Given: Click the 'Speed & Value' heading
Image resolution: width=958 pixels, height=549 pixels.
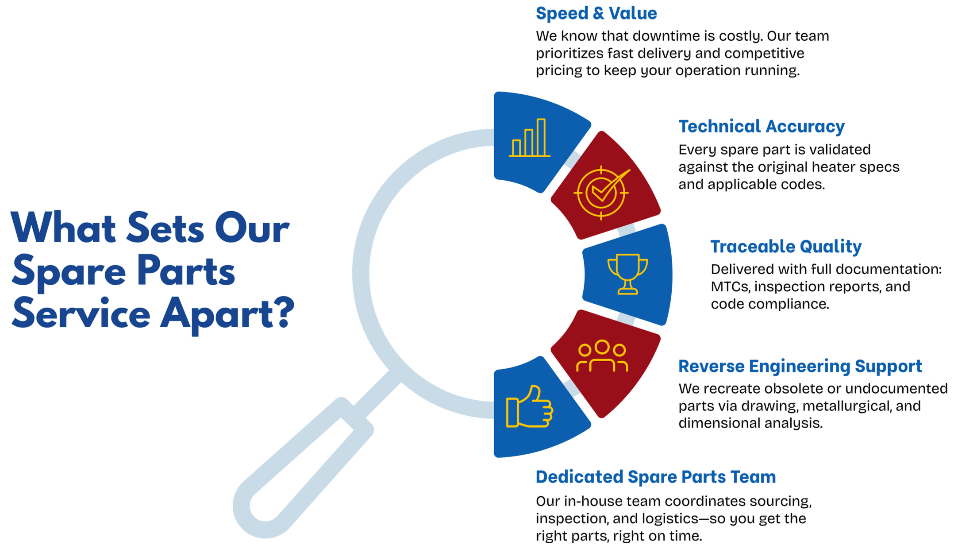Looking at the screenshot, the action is pyautogui.click(x=596, y=13).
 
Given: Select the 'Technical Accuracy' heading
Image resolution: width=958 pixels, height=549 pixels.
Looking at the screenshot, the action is pyautogui.click(x=761, y=127).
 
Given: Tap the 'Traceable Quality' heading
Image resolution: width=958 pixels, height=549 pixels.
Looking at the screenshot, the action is pyautogui.click(x=786, y=247).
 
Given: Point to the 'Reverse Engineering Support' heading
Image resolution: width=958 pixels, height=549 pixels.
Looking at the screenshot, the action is pyautogui.click(x=800, y=367).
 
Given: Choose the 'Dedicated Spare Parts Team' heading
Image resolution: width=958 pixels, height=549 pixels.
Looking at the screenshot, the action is pyautogui.click(x=655, y=477).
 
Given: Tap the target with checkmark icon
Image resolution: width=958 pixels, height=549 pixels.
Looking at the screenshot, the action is pyautogui.click(x=602, y=193).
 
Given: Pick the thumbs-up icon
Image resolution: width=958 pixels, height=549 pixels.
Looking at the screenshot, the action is pyautogui.click(x=529, y=407).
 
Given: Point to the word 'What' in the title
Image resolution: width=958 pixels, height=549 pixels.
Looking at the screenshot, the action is pyautogui.click(x=63, y=228).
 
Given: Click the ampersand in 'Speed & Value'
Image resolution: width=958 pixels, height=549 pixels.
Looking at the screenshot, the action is pyautogui.click(x=598, y=13).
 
